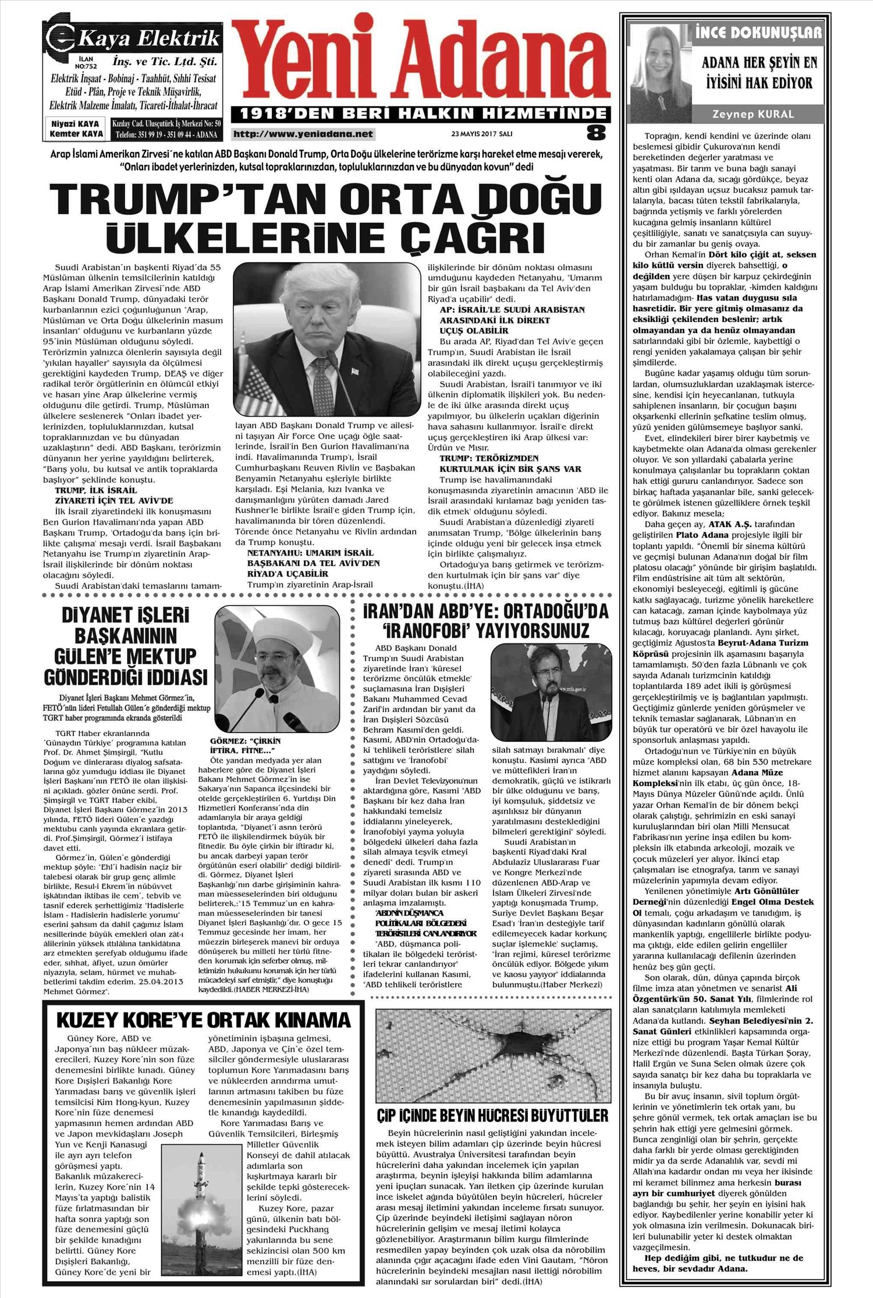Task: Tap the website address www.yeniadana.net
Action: click(x=303, y=134)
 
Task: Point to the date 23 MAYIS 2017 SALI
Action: click(x=482, y=133)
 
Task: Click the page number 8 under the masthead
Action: click(x=595, y=133)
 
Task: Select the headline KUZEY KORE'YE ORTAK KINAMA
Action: click(x=204, y=1020)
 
